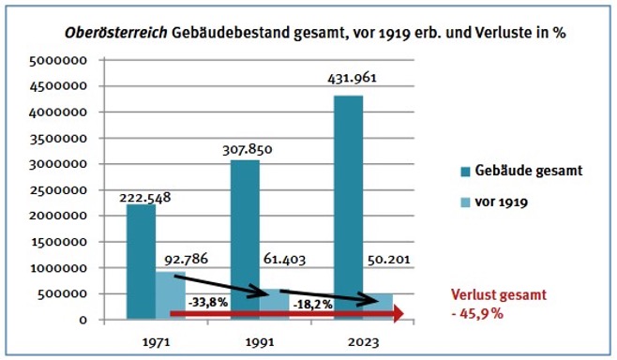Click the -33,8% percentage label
coord(208,303)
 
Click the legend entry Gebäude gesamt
coord(528,171)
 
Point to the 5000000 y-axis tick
coord(57,60)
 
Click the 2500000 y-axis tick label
coord(57,190)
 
